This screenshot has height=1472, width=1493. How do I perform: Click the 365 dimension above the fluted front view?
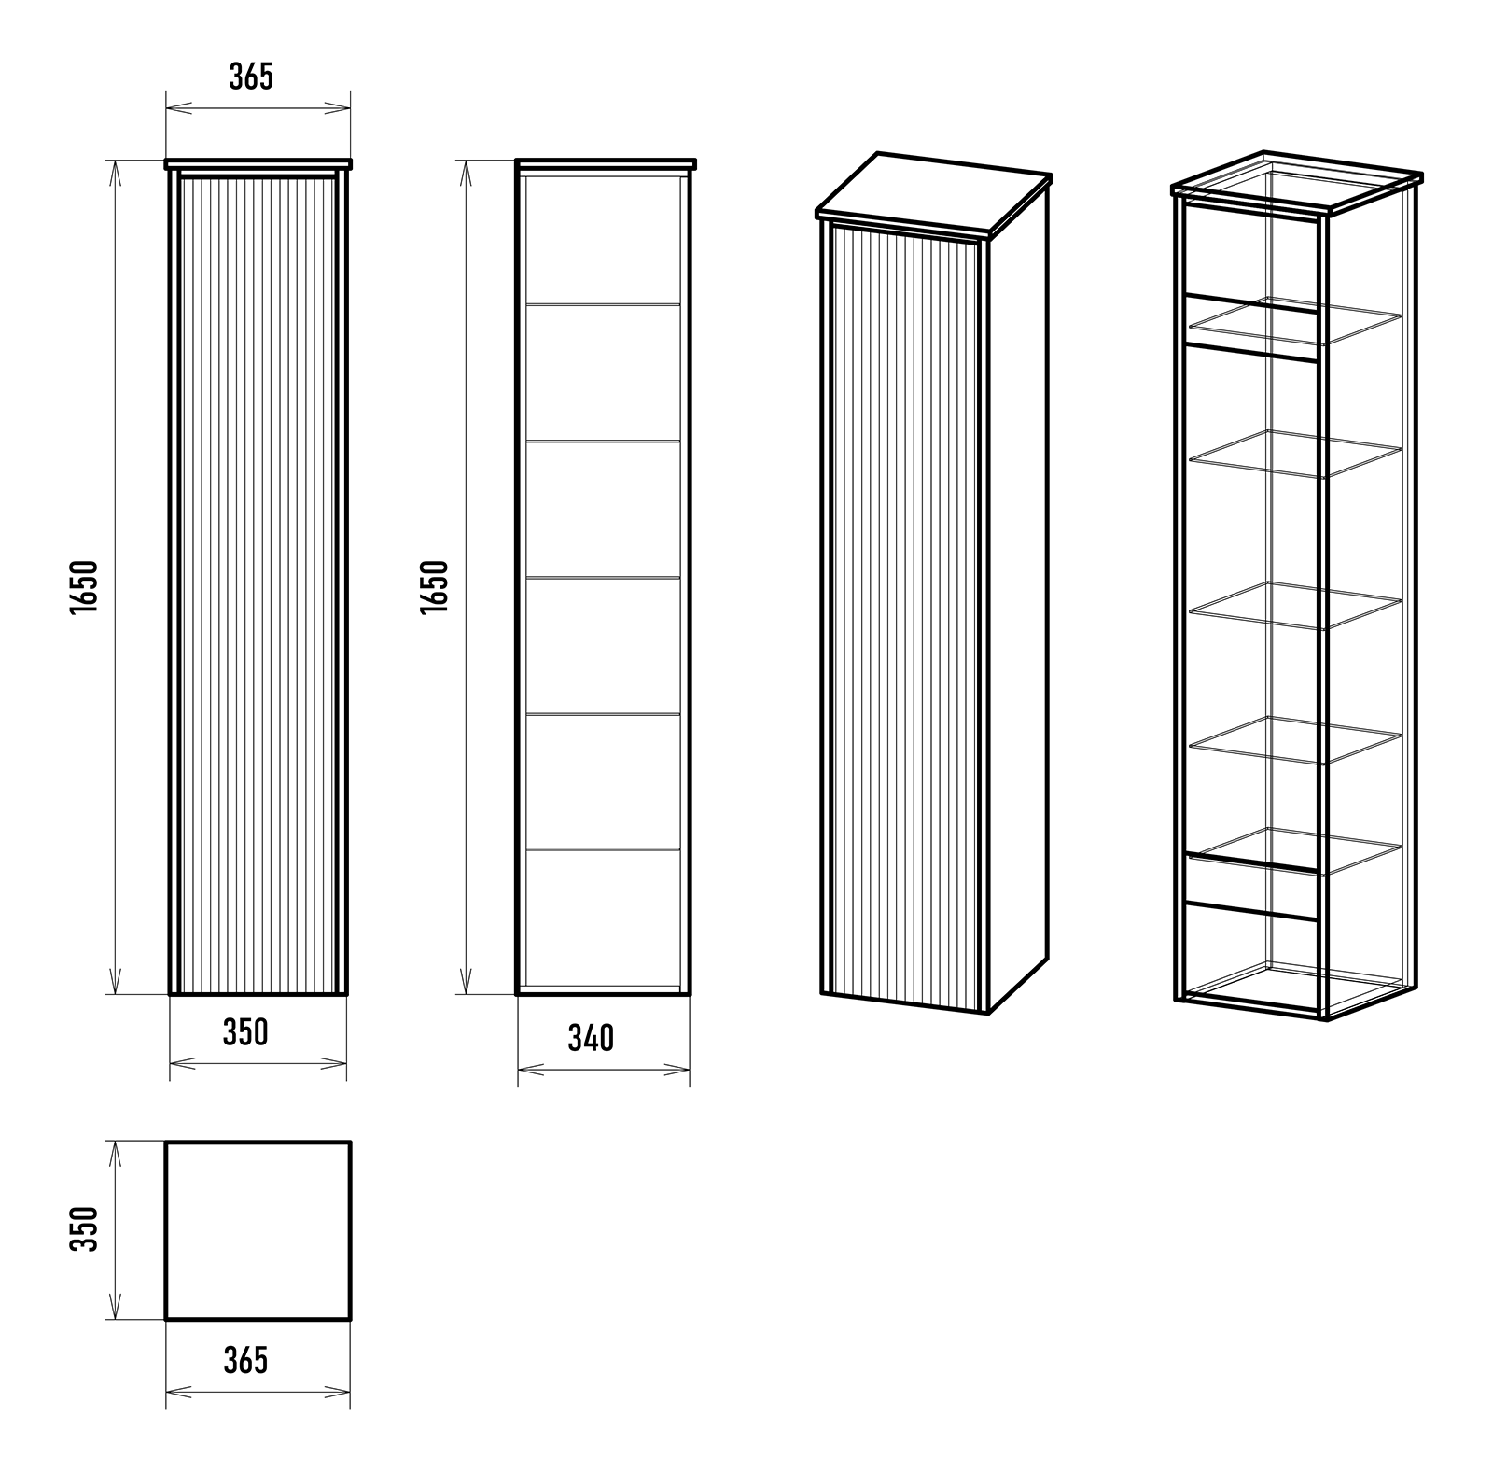[x=252, y=77]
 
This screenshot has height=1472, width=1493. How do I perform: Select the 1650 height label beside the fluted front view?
[x=83, y=586]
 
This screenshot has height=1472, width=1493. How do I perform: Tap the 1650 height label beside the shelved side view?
[x=435, y=586]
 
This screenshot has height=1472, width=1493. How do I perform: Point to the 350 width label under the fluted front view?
[x=245, y=1032]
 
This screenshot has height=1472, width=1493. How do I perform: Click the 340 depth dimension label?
[x=591, y=1038]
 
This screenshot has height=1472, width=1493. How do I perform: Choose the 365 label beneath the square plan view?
[x=246, y=1361]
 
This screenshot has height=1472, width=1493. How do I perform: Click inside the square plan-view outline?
[x=258, y=1230]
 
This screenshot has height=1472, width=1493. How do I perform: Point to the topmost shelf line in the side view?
[x=603, y=304]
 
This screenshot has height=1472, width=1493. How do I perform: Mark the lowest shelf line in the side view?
[x=603, y=849]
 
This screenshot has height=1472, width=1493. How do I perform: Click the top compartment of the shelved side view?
[x=603, y=239]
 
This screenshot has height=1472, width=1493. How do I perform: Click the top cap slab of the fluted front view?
[x=258, y=164]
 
